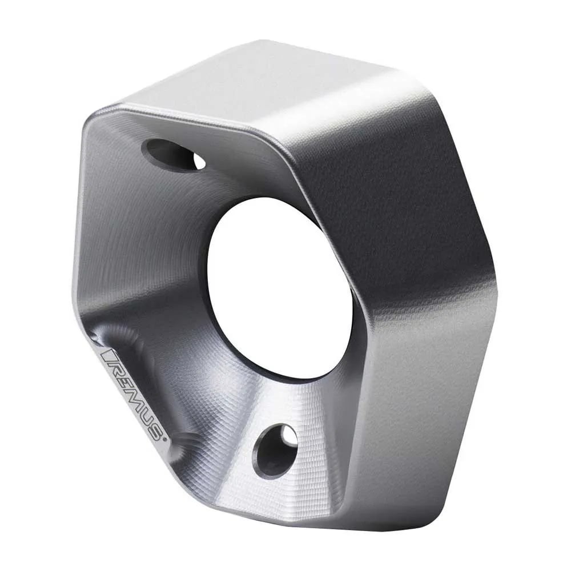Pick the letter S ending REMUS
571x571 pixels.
156,435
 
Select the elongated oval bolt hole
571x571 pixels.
174,155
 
